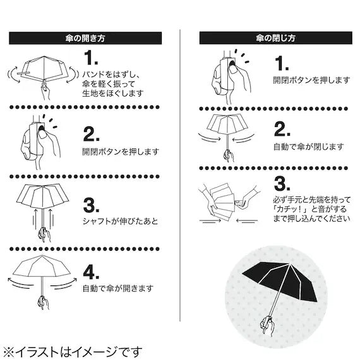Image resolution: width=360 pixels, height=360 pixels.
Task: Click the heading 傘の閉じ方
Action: point(274,38)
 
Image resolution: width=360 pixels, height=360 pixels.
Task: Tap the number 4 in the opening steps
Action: point(92,273)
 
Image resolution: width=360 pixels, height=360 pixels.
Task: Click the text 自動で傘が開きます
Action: point(117,289)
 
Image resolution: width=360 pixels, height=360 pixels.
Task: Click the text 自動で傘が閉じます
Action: point(308,147)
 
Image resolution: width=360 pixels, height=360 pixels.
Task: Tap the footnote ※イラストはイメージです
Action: point(72,351)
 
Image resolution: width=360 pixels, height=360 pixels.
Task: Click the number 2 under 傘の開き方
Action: point(92,135)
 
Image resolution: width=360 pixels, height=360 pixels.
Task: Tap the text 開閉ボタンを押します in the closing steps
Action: point(311,80)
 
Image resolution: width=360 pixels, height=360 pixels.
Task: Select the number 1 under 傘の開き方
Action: point(92,58)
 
